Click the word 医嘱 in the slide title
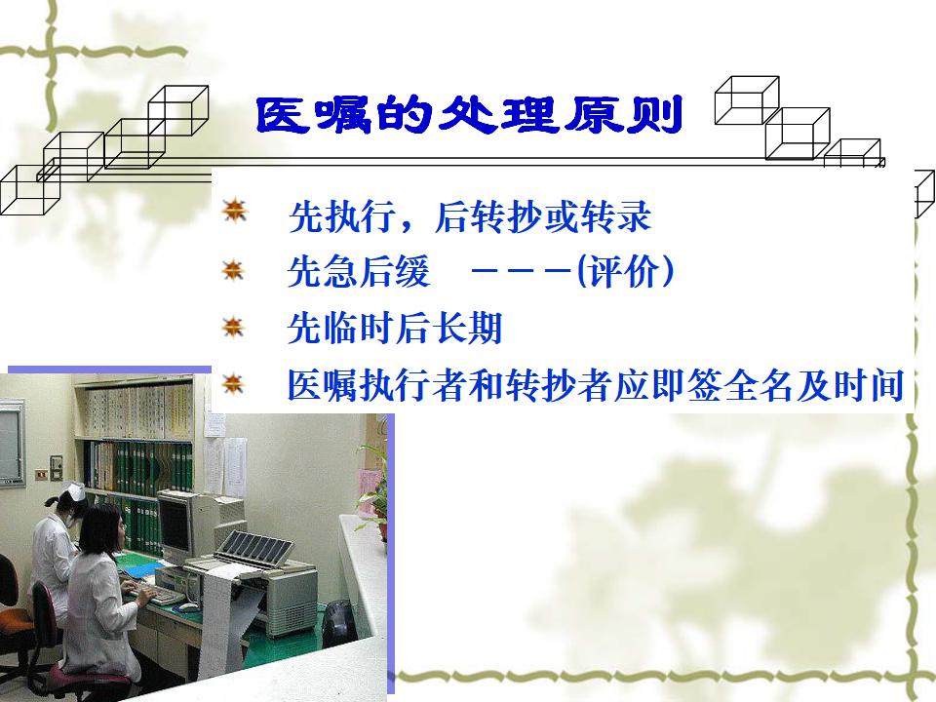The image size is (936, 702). (314, 115)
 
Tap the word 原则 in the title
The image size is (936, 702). (624, 115)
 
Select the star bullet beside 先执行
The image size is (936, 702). (234, 211)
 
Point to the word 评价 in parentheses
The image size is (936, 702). (624, 272)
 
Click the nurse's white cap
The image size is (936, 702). (73, 493)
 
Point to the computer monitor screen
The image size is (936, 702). (175, 526)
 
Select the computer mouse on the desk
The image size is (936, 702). (188, 607)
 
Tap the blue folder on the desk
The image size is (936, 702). (138, 570)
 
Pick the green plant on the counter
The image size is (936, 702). (373, 489)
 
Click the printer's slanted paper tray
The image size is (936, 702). (254, 544)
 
